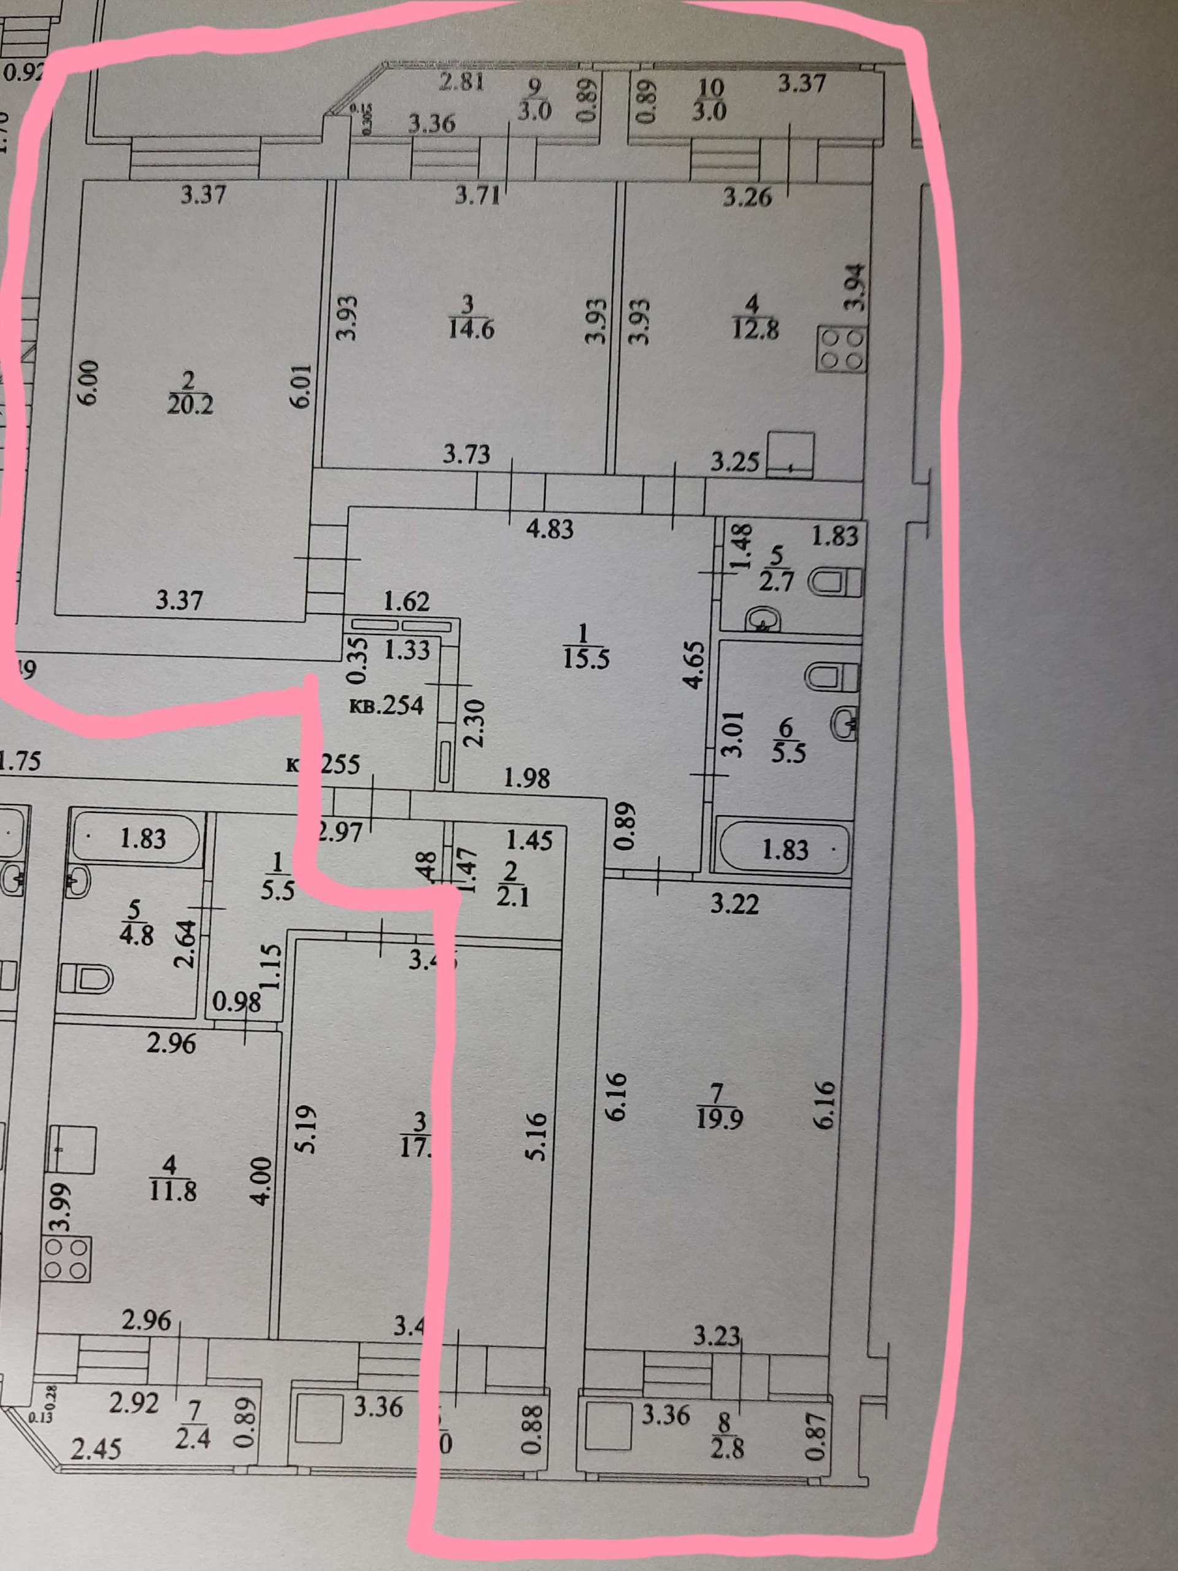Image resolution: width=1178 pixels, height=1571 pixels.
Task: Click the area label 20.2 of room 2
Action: pos(190,406)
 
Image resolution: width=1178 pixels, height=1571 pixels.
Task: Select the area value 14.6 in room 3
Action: pos(471,330)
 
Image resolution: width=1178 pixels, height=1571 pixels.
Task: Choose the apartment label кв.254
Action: pos(387,705)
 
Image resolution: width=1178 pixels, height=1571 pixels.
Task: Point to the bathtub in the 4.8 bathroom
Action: pos(136,839)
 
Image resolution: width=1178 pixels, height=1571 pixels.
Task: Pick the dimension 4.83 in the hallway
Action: pos(551,529)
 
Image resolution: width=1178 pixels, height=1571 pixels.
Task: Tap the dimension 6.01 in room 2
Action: pos(302,385)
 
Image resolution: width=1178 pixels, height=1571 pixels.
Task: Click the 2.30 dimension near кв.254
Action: pos(474,722)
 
